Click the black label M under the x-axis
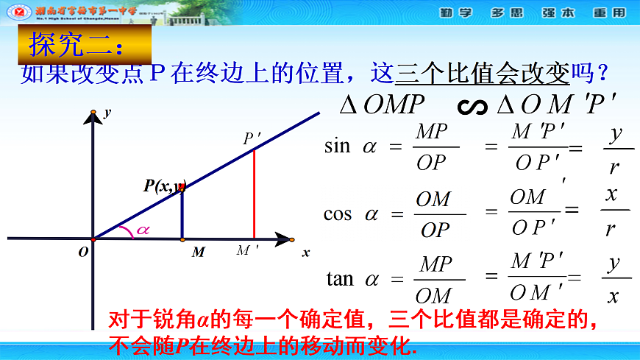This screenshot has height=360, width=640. pyautogui.click(x=198, y=253)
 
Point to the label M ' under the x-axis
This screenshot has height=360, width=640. pyautogui.click(x=247, y=251)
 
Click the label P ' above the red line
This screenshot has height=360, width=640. pyautogui.click(x=252, y=138)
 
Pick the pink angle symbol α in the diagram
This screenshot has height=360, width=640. pyautogui.click(x=143, y=230)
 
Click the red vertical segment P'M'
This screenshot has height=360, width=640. pyautogui.click(x=255, y=194)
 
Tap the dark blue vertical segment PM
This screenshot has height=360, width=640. pyautogui.click(x=182, y=214)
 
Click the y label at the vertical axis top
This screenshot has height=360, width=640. pyautogui.click(x=107, y=113)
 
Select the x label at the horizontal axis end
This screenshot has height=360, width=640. pyautogui.click(x=306, y=253)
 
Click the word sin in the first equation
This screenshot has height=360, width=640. pyautogui.click(x=338, y=146)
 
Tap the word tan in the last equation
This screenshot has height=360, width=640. pyautogui.click(x=340, y=279)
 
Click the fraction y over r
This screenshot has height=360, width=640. pyautogui.click(x=615, y=150)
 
